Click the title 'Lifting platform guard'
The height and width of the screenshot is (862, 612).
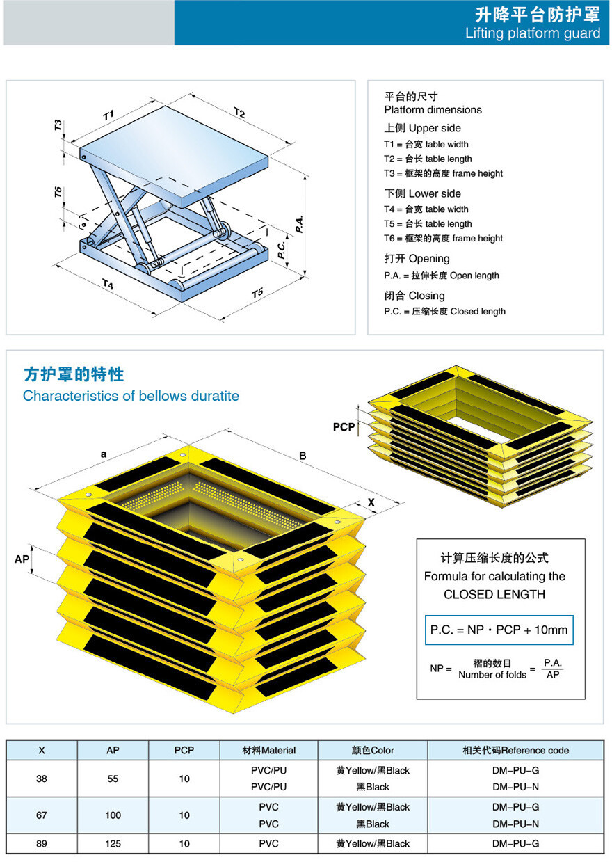(533, 33)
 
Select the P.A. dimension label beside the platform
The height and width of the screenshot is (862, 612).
(298, 223)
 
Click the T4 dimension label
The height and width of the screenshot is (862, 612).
(108, 284)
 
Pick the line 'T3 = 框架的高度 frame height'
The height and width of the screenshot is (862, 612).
(443, 173)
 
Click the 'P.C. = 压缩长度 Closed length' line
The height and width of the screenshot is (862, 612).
(444, 311)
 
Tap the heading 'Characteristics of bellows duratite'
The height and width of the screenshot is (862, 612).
(131, 396)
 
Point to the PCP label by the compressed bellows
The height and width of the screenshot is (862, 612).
(344, 427)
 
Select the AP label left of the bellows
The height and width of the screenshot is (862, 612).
(22, 559)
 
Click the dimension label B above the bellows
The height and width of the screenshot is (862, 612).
(303, 456)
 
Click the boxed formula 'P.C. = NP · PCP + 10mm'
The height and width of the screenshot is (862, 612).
(499, 630)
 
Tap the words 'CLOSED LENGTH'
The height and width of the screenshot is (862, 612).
(494, 594)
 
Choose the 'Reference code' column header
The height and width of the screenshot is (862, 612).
(515, 750)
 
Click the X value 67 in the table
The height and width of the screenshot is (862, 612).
(42, 815)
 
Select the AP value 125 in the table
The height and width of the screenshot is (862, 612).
(113, 843)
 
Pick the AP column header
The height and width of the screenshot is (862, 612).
(113, 750)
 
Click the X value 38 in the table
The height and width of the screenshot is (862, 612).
(42, 779)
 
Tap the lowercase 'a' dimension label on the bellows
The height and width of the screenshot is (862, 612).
(103, 454)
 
